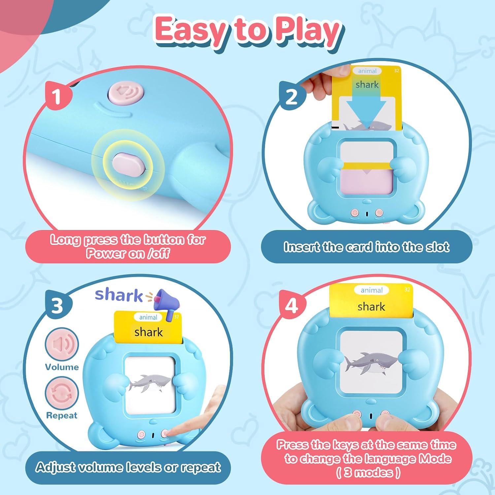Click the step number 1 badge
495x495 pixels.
(x=57, y=97)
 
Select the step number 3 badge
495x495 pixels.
(x=57, y=305)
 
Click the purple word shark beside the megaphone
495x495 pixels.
(x=119, y=295)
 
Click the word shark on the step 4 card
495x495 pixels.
(x=371, y=307)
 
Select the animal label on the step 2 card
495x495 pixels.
(x=367, y=71)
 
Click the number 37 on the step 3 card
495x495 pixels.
(x=176, y=317)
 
